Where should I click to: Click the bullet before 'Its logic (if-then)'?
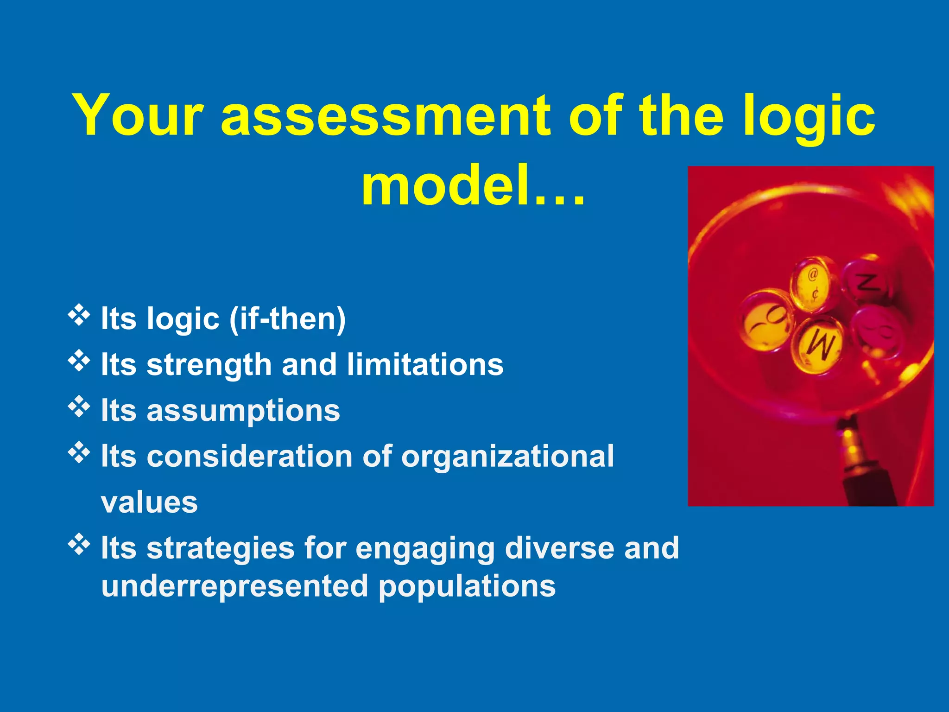coord(79,315)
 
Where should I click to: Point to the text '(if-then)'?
coord(287,319)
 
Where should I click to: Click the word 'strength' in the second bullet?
coord(209,365)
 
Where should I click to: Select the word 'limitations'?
coord(425,365)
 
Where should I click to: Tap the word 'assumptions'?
coord(243,411)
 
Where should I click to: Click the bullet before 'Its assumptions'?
coord(79,406)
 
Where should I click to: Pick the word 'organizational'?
coord(507,456)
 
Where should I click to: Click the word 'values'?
coord(149,502)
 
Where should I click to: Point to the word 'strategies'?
coord(221,548)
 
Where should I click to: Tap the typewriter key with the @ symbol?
coord(813,283)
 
